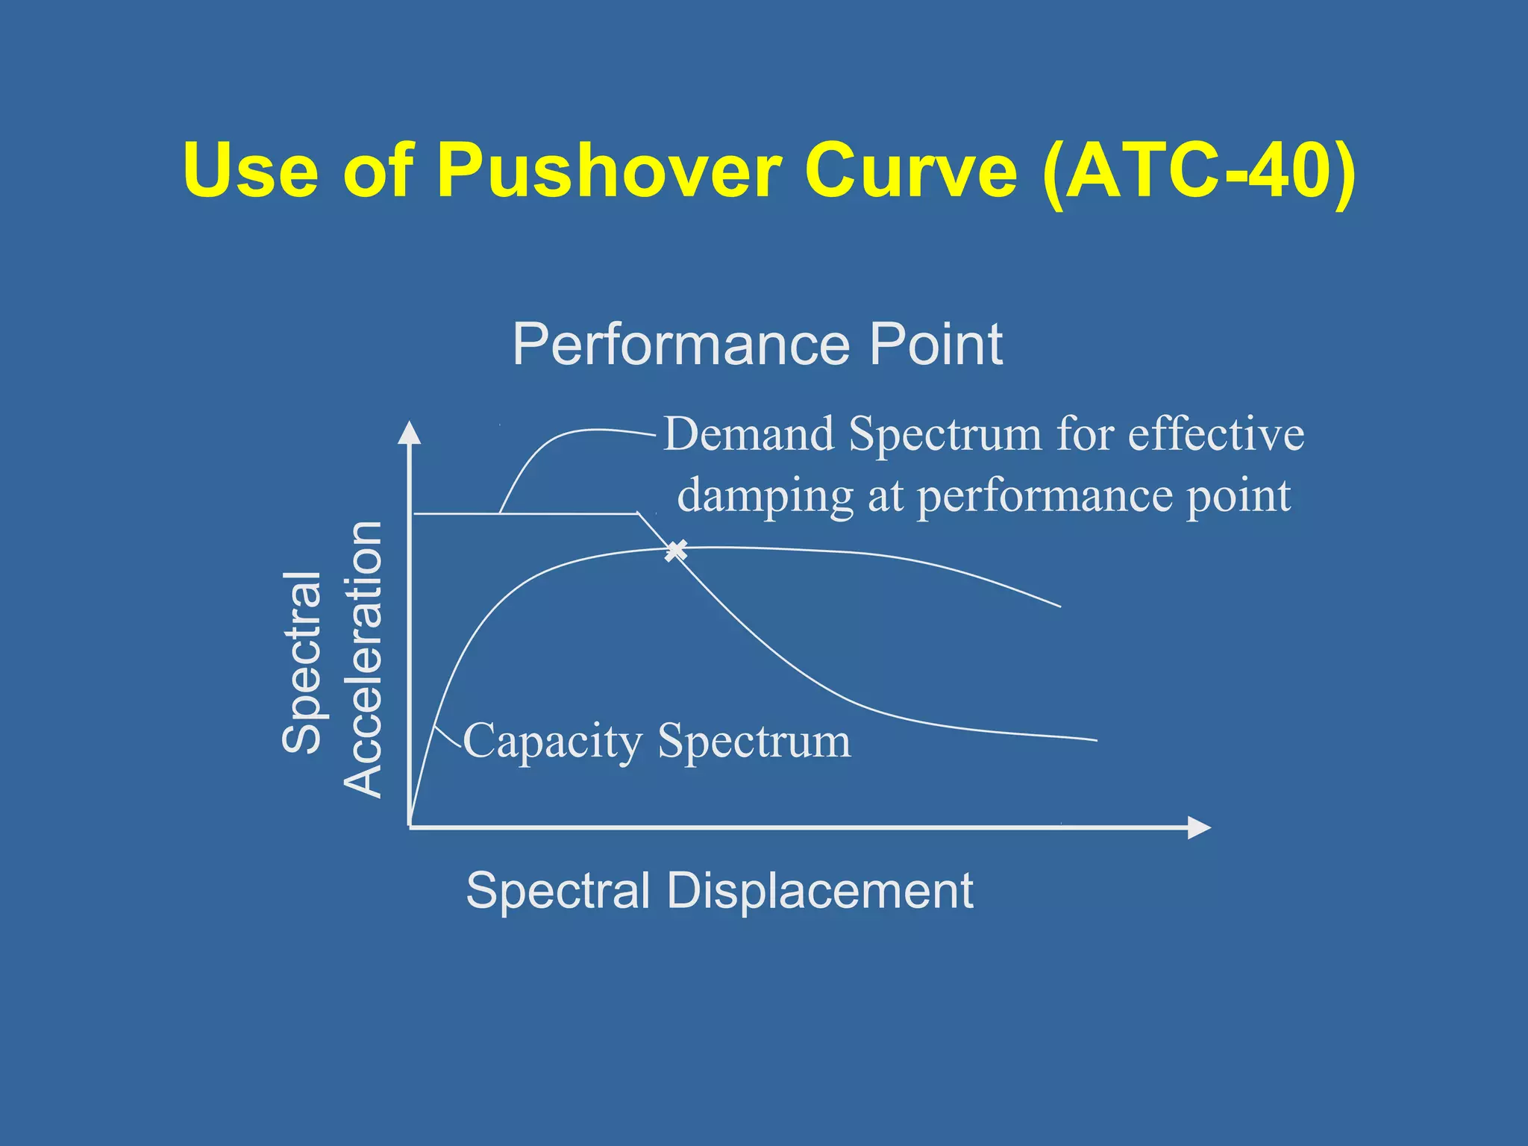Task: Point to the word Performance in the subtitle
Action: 681,345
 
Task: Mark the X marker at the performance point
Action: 675,551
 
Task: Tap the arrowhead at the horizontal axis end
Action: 1198,827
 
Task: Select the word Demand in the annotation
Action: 748,433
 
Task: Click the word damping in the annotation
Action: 765,496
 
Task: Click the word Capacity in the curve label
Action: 552,742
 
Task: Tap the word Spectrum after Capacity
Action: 754,742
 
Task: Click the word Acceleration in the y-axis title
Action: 363,660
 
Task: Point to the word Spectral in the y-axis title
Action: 302,662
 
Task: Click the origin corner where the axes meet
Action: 410,827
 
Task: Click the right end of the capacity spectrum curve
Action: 1059,606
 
